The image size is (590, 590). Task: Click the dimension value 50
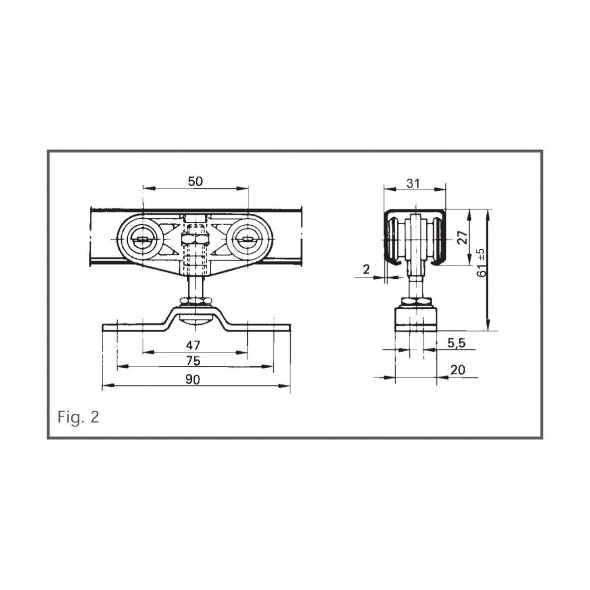pyautogui.click(x=195, y=181)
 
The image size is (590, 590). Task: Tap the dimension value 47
pyautogui.click(x=193, y=345)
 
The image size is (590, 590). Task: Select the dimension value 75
pyautogui.click(x=193, y=361)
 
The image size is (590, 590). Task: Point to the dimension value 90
pyautogui.click(x=193, y=380)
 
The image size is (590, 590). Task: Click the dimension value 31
pyautogui.click(x=413, y=183)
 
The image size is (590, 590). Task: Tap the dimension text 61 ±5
pyautogui.click(x=481, y=263)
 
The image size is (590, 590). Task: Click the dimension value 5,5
pyautogui.click(x=456, y=343)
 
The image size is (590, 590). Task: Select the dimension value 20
pyautogui.click(x=458, y=370)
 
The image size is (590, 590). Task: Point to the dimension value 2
pyautogui.click(x=366, y=269)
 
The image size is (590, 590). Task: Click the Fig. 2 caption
pyautogui.click(x=78, y=417)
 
